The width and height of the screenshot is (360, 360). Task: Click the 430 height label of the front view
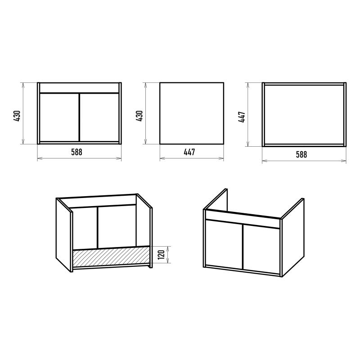(x=17, y=116)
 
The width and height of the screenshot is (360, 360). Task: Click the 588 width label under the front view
(x=76, y=152)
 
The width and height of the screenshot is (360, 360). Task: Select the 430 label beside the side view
(x=139, y=116)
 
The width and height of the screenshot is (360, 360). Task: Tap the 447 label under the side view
(x=189, y=152)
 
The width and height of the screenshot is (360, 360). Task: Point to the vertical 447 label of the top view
(x=242, y=117)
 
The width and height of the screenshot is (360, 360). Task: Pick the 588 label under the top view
(x=301, y=154)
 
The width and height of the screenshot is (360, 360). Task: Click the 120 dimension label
(x=162, y=254)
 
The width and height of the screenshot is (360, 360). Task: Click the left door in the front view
(x=59, y=117)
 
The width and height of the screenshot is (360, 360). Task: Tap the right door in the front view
(x=99, y=117)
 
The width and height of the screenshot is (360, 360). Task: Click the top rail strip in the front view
(x=79, y=88)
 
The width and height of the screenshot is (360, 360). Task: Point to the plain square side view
(x=192, y=113)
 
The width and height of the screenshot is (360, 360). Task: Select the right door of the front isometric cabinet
(x=261, y=250)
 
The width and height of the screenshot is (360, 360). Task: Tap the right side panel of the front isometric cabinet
(x=293, y=238)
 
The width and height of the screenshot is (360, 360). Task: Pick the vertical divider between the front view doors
(x=80, y=117)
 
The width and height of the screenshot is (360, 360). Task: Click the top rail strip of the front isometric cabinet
(x=243, y=219)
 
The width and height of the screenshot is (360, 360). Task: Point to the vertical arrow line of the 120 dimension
(x=168, y=255)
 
